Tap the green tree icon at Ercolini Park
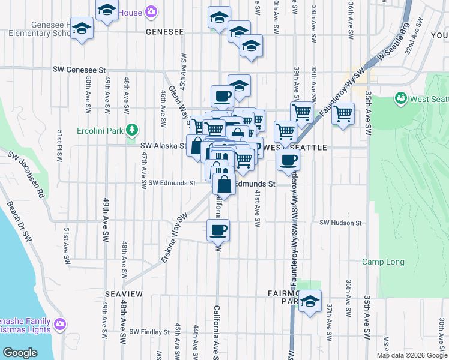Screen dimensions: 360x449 click(x=131, y=130)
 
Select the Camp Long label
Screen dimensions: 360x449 click(x=383, y=262)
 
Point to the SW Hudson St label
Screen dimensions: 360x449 click(x=340, y=223)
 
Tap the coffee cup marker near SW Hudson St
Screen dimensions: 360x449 click(x=218, y=229)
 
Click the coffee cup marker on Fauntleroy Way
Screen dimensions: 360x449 click(x=288, y=160)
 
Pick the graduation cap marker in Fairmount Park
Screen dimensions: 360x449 click(x=310, y=301)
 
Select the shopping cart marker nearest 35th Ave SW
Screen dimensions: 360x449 click(x=343, y=113)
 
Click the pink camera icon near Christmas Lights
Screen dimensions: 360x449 click(x=59, y=325)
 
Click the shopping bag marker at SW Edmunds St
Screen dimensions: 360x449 click(x=224, y=184)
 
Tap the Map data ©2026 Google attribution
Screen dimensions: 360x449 click(x=412, y=355)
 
